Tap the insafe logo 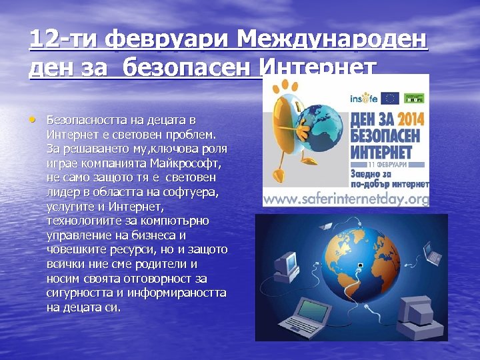(364, 98)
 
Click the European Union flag (389, 98)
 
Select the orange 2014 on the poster (408, 119)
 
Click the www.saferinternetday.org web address (346, 199)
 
